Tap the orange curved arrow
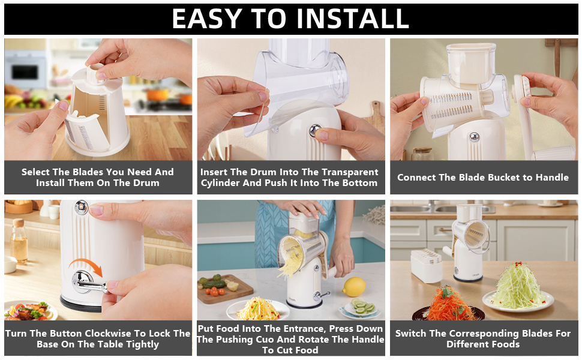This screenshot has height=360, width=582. (x=86, y=267)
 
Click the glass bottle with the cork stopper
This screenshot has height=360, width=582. (x=19, y=241)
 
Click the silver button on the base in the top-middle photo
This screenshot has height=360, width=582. (x=314, y=131)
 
